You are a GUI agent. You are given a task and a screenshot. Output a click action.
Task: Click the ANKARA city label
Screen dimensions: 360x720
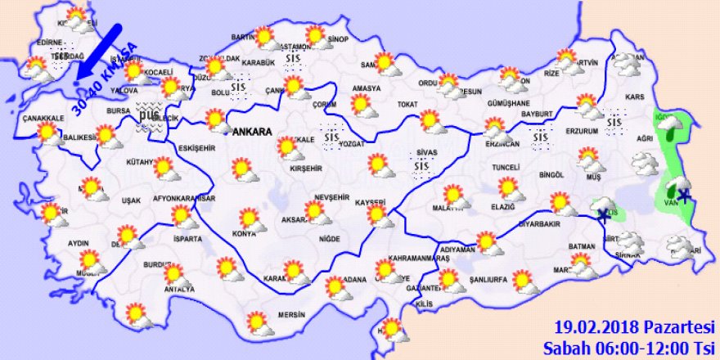[x=252, y=131]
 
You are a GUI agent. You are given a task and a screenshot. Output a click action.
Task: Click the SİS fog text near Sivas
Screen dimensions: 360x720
[x=421, y=167]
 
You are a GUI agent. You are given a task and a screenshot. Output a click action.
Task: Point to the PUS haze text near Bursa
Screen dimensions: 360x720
[x=147, y=117]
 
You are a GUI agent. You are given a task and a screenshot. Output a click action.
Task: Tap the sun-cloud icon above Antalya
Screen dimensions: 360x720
[x=174, y=274]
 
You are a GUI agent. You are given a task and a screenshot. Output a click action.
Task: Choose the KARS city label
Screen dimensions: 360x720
[x=633, y=97]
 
